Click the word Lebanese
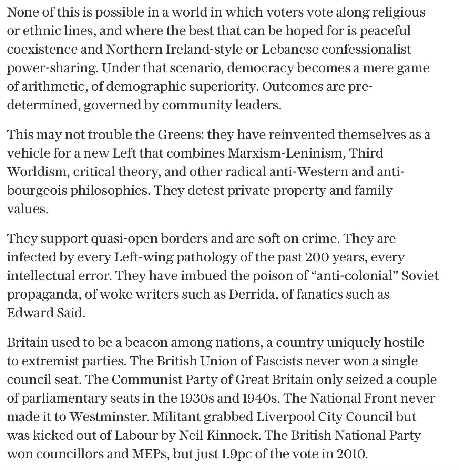(x=290, y=49)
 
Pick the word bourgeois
(x=37, y=190)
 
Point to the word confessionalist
(x=366, y=49)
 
